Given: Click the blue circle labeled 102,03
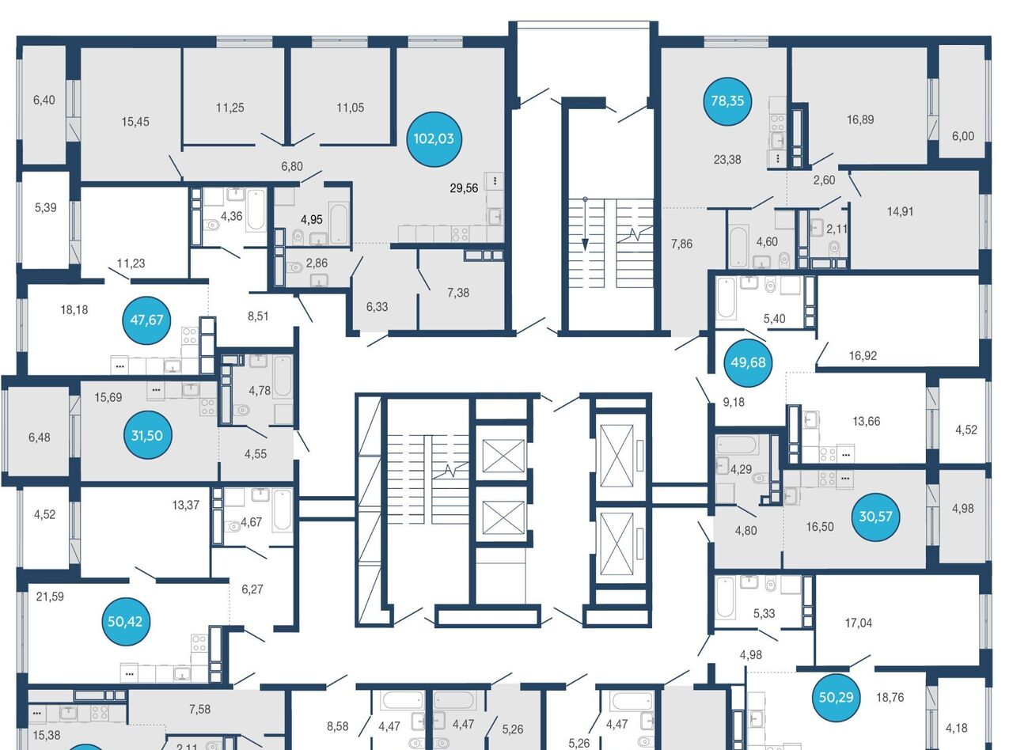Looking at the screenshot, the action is (434, 139).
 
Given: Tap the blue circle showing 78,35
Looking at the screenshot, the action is (727, 101).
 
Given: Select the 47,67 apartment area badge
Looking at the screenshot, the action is (146, 320).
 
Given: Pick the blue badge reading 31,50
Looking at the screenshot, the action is (146, 435).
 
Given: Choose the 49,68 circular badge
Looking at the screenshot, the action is (748, 362).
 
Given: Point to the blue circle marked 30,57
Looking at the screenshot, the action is (875, 517).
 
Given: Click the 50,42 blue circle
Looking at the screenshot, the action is (125, 621).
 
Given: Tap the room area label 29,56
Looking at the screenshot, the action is (464, 188).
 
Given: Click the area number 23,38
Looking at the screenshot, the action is (727, 159).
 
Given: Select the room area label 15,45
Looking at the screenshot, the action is (135, 122).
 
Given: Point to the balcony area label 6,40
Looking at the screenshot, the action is (44, 100).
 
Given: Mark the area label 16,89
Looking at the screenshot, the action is (860, 119).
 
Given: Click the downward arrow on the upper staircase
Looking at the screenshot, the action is (585, 224).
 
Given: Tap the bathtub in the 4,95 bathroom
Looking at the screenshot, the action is (339, 224).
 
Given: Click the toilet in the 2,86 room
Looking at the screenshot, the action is (294, 267).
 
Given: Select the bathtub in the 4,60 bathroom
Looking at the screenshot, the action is (738, 246).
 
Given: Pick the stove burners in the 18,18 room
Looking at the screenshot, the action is (189, 335).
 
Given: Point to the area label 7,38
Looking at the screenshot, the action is (458, 293).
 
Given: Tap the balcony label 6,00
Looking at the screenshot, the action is (963, 136).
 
